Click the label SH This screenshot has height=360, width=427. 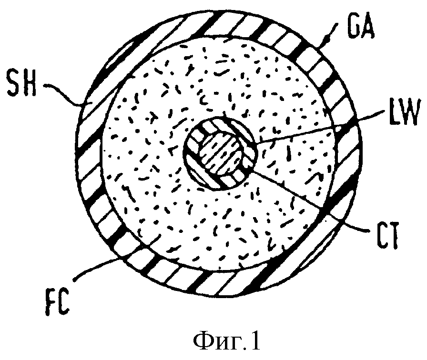pyautogui.click(x=22, y=83)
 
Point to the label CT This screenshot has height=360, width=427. pyautogui.click(x=387, y=235)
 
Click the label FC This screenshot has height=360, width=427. pyautogui.click(x=57, y=302)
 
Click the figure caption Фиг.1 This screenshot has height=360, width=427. pyautogui.click(x=227, y=341)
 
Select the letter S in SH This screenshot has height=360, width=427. pyautogui.click(x=14, y=83)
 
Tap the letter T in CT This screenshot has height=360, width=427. pyautogui.click(x=394, y=235)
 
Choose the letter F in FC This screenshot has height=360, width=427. pyautogui.click(x=51, y=302)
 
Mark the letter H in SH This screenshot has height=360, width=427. pyautogui.click(x=30, y=83)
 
